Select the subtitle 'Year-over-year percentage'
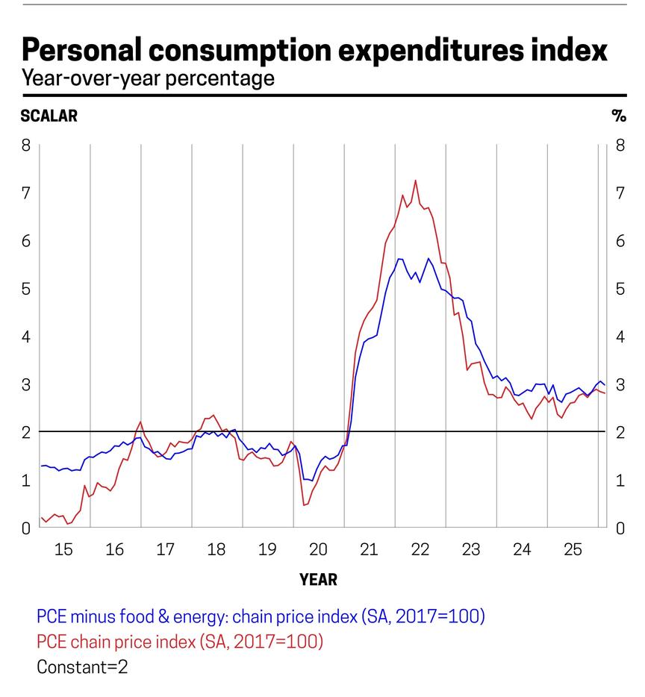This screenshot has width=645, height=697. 148,78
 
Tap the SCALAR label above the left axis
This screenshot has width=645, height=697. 49,116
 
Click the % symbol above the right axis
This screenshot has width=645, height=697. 618,116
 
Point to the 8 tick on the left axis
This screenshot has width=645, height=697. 26,145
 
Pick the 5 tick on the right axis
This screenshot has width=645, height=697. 620,288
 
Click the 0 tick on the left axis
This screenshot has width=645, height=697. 26,528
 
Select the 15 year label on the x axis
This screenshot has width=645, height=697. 63,550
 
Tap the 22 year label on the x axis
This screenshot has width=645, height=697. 420,550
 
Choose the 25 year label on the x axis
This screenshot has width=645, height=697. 573,550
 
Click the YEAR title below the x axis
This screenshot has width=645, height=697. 318,579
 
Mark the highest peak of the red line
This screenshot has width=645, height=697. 415,180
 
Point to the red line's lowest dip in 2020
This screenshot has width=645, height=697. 304,505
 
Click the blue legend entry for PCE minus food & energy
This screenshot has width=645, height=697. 261,616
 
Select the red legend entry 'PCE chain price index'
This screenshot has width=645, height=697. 179,641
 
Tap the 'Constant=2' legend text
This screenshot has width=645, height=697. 82,666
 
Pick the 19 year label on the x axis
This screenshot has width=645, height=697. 267,550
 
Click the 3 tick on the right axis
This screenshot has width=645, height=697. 620,384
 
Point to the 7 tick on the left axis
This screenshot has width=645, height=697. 26,193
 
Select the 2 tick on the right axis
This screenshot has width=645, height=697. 620,432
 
